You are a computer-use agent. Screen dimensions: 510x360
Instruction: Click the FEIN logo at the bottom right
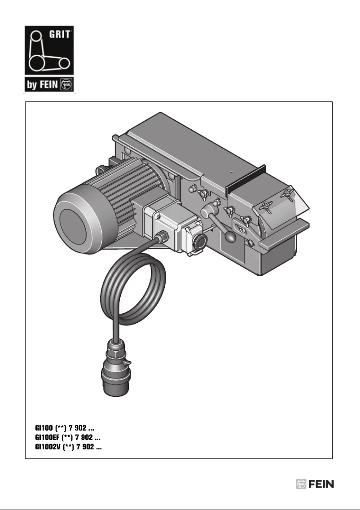(x=315, y=484)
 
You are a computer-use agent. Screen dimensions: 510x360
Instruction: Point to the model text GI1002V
(x=48, y=447)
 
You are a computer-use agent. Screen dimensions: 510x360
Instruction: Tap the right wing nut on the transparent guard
(x=287, y=194)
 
